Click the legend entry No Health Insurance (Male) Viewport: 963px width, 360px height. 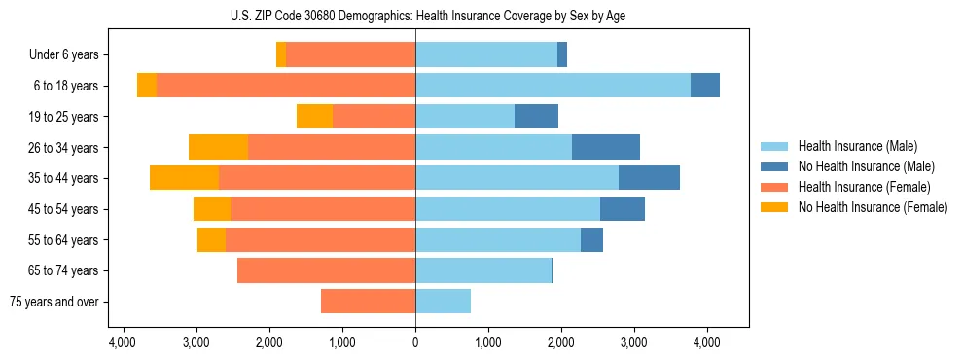point(866,166)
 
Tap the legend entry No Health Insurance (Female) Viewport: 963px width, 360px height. point(873,207)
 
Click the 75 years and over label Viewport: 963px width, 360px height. point(54,302)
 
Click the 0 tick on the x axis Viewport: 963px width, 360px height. point(415,342)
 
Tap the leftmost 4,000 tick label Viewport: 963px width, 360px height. point(123,342)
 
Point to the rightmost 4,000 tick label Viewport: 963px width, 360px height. point(706,342)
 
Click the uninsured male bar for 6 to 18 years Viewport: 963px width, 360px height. point(705,86)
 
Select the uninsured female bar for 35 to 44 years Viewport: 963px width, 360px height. point(184,178)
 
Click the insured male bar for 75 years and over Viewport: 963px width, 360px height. point(443,302)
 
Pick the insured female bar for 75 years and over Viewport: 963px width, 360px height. point(368,302)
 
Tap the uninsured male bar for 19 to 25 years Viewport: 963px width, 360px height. point(536,117)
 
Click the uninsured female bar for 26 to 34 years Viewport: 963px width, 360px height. point(218,147)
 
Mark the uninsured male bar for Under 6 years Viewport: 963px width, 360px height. point(562,55)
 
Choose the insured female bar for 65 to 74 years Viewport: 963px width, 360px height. point(326,270)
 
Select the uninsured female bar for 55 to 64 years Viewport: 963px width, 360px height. point(211,239)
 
